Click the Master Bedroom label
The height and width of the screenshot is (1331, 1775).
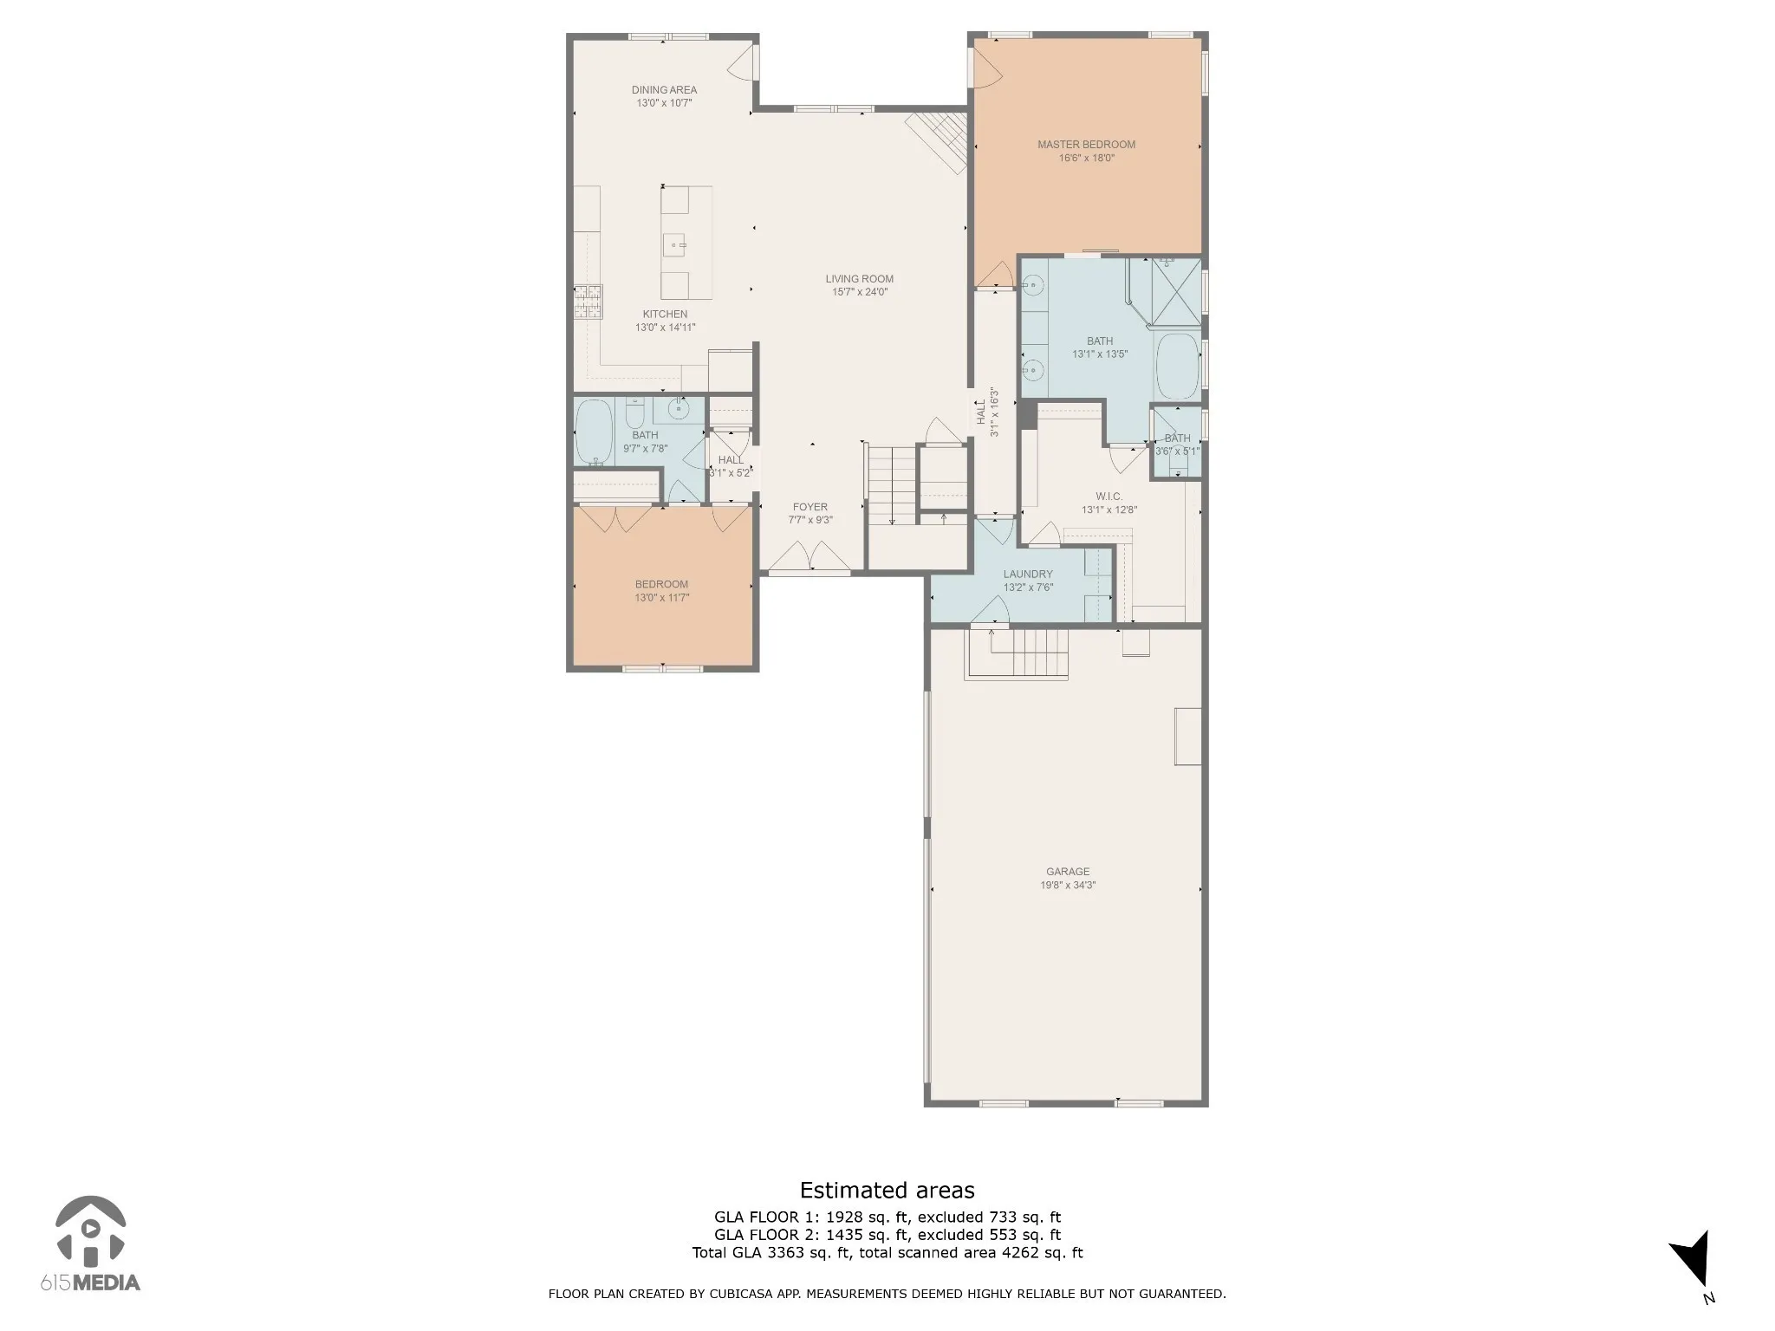click(x=1086, y=145)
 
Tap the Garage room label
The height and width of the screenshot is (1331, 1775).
click(x=1068, y=872)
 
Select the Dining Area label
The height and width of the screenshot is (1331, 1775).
click(x=664, y=90)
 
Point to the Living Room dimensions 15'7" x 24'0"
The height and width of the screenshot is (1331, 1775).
click(x=859, y=292)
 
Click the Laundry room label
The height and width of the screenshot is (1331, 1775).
click(x=1028, y=575)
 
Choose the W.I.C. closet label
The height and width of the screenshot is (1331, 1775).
click(x=1109, y=497)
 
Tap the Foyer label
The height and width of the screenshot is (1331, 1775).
click(x=810, y=507)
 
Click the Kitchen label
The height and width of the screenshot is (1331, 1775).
click(x=665, y=315)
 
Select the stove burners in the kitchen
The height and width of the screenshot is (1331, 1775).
click(x=587, y=302)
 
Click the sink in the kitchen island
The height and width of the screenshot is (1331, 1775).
click(x=675, y=245)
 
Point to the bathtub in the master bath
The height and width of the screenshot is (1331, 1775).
click(x=1178, y=366)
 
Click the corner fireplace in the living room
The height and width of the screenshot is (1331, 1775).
click(x=938, y=141)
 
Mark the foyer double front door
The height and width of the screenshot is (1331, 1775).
click(x=810, y=558)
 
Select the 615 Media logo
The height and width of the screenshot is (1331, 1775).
click(x=90, y=1244)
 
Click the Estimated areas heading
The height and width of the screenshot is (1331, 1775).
click(x=887, y=1190)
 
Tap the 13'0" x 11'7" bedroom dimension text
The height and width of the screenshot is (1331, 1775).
click(x=662, y=598)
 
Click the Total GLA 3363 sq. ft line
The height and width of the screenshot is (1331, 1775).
click(x=887, y=1252)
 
